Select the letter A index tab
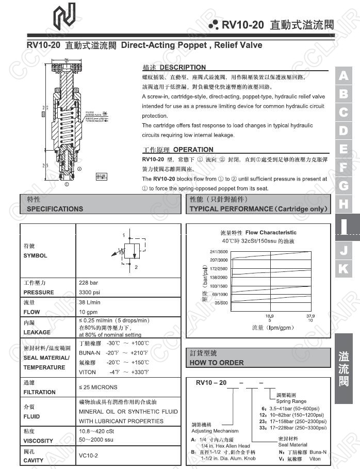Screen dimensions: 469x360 [343, 75]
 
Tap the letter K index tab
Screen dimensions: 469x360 [343, 268]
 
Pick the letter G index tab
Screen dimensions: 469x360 [343, 185]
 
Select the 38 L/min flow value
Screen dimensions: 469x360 [90, 302]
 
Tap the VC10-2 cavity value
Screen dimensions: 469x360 [88, 456]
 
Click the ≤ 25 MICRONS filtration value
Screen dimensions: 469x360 [98, 387]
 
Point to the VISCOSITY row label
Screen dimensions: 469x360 [38, 441]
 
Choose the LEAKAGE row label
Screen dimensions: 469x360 [37, 332]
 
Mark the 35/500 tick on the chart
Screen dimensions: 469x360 [221, 303]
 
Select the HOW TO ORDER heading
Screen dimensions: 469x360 [217, 363]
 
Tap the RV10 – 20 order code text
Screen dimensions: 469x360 [211, 382]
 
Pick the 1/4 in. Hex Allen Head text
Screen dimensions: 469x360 [225, 446]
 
